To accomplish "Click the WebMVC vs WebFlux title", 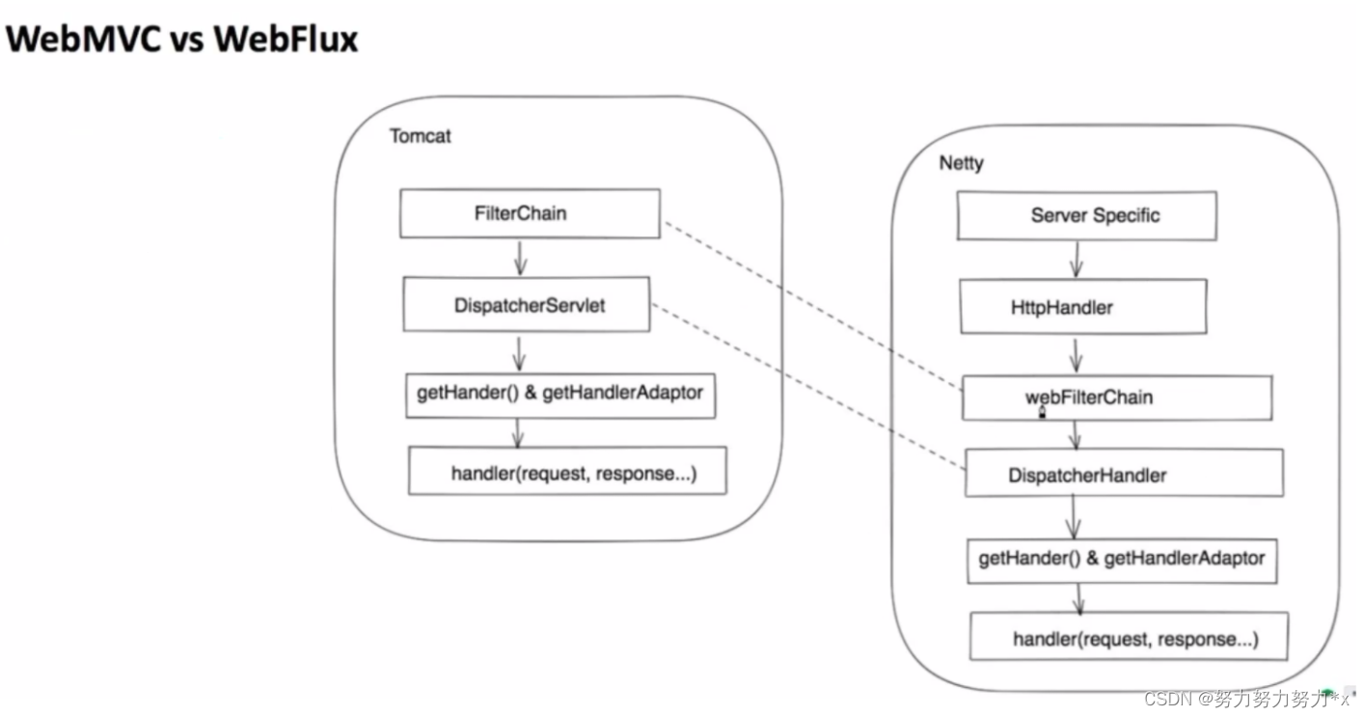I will point(182,40).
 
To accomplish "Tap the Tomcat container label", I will point(420,136).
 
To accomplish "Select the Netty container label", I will point(961,163).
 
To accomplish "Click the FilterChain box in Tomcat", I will point(530,213).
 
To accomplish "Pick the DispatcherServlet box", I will point(528,305).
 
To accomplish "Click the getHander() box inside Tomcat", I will point(559,394).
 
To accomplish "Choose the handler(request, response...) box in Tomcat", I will point(567,473).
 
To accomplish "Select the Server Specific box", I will point(1087,216).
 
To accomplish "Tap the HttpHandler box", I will point(1082,308).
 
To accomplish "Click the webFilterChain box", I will point(1116,398).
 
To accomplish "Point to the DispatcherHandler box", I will point(1124,475).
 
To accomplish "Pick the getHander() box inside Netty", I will point(1122,560).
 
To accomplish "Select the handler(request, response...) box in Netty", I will point(1129,639).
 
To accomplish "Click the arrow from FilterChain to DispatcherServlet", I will point(519,257).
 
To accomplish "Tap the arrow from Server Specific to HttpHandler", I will point(1076,260).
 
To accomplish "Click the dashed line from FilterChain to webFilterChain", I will point(810,305).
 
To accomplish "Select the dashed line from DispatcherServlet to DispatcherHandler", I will point(808,386).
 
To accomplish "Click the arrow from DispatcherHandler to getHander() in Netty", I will point(1073,516).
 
